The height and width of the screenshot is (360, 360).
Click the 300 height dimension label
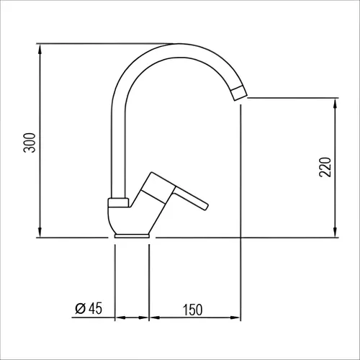point(30,143)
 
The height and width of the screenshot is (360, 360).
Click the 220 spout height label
point(325,167)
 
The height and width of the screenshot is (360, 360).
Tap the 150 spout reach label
point(193,310)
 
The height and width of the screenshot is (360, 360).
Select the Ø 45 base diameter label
point(89,308)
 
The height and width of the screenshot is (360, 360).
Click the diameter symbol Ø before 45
point(80,308)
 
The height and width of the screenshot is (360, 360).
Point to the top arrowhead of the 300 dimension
point(40,50)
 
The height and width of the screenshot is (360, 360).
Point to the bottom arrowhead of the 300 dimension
point(40,232)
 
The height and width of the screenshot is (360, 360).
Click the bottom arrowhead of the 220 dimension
point(336,232)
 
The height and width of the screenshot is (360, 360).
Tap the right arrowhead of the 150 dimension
point(235,318)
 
